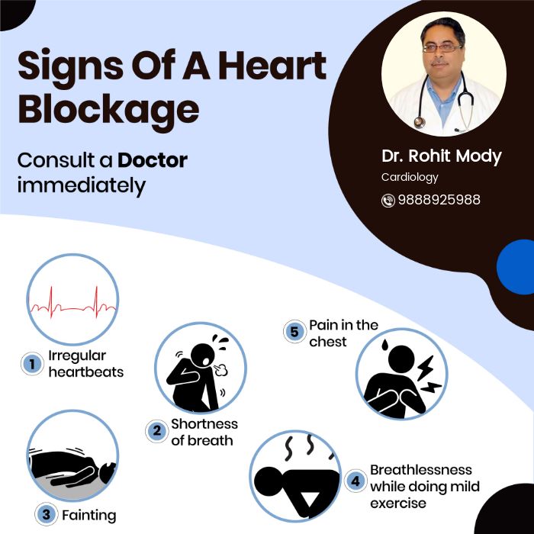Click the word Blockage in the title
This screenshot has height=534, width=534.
coord(108,109)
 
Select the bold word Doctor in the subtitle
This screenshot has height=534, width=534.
coord(153,161)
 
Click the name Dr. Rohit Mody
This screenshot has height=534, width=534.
coord(442,156)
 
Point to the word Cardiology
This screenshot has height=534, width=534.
coord(410,177)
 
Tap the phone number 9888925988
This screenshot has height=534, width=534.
coord(439,200)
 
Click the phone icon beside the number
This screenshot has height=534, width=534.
coord(388,201)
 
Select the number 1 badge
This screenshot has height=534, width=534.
coord(32,364)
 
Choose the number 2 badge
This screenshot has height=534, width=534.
coord(156,431)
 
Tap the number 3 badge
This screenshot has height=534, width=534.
coord(46,515)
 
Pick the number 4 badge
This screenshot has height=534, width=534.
coord(355,481)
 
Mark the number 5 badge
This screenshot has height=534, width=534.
coord(294,332)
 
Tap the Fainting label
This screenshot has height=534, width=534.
coord(89,515)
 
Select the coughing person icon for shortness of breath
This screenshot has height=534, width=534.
coord(200,367)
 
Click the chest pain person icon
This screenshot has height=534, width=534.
coord(401,374)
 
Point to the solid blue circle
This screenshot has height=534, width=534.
coord(516,267)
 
